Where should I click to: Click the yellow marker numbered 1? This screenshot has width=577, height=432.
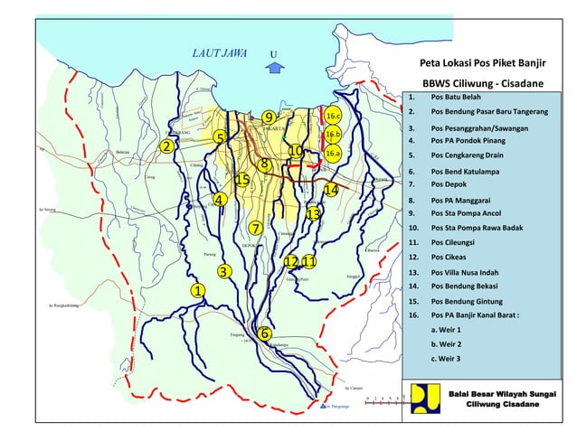click(196, 290)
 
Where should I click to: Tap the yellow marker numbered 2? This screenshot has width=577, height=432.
click(166, 146)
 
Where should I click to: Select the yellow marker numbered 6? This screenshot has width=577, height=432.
click(264, 333)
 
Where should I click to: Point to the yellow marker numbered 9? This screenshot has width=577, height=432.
click(269, 117)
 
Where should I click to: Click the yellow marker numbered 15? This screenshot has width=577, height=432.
click(242, 180)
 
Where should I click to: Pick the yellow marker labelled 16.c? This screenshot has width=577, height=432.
click(333, 117)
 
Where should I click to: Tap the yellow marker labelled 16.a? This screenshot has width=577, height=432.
click(333, 154)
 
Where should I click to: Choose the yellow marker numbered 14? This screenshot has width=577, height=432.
click(331, 190)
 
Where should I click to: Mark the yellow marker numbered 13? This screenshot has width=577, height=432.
click(313, 214)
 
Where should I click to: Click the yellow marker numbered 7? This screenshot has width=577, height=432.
click(256, 228)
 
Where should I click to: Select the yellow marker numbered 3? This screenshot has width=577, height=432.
click(224, 271)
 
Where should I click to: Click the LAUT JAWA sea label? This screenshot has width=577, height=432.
click(220, 52)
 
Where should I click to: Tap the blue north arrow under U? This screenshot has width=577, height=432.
click(278, 66)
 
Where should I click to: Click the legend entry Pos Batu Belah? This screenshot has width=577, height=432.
click(456, 97)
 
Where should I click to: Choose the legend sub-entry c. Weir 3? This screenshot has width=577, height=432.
click(447, 359)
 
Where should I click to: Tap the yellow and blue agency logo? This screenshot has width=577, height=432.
click(423, 398)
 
